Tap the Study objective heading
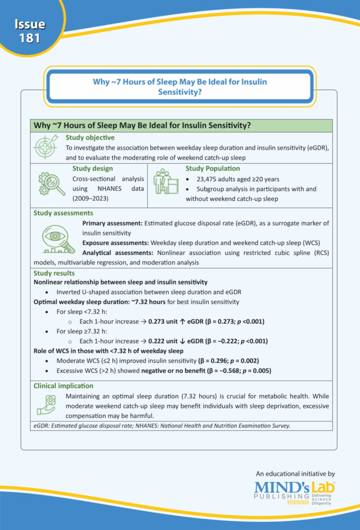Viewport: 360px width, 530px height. [90, 138]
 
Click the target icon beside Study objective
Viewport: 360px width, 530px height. [46, 147]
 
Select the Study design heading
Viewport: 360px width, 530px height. [92, 169]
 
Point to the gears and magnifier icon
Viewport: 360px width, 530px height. [51, 185]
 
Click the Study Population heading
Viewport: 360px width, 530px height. [212, 169]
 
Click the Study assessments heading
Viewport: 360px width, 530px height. [63, 213]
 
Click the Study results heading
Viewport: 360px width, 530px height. [54, 273]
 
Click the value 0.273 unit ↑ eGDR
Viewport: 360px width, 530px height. [178, 321]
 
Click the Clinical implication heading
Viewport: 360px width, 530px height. [63, 386]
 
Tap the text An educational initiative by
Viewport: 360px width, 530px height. [295, 474]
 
